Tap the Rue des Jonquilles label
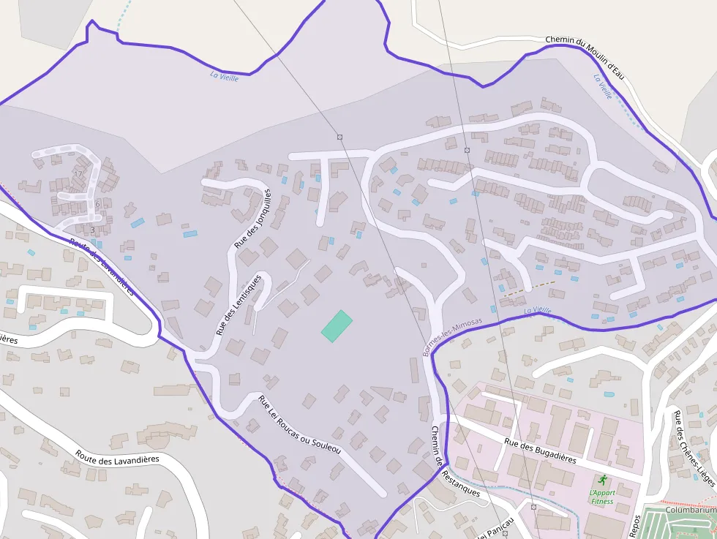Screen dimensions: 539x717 pyautogui.click(x=252, y=219)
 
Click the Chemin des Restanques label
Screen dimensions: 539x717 pyautogui.click(x=454, y=461)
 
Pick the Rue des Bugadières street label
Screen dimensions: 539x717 pyautogui.click(x=540, y=451)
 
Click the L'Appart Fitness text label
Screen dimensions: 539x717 pyautogui.click(x=601, y=497)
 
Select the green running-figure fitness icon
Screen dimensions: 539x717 pyautogui.click(x=602, y=480)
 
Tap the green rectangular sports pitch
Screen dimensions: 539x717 pyautogui.click(x=337, y=325)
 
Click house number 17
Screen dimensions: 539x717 pyautogui.click(x=78, y=174)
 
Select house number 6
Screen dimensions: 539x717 pyautogui.click(x=97, y=203)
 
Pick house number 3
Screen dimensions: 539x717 pyautogui.click(x=92, y=230)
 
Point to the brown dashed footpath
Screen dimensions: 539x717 pyautogui.click(x=528, y=288)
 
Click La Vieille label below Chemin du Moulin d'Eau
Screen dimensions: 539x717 pyautogui.click(x=603, y=86)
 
